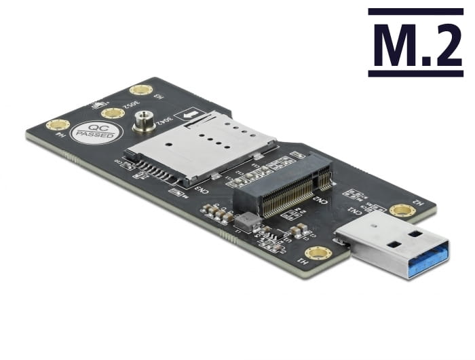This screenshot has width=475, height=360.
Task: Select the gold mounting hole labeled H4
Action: pyautogui.click(x=58, y=125)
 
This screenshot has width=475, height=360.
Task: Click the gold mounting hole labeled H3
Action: pyautogui.click(x=141, y=90)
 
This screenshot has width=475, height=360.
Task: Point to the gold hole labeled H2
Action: pyautogui.click(x=402, y=211)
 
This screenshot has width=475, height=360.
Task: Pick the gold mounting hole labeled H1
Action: pyautogui.click(x=318, y=253)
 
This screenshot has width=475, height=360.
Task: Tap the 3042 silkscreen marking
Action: pyautogui.click(x=164, y=122)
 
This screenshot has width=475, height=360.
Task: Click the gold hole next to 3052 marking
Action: pyautogui.click(x=113, y=113)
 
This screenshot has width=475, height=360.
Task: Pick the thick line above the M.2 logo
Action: pyautogui.click(x=415, y=12)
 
